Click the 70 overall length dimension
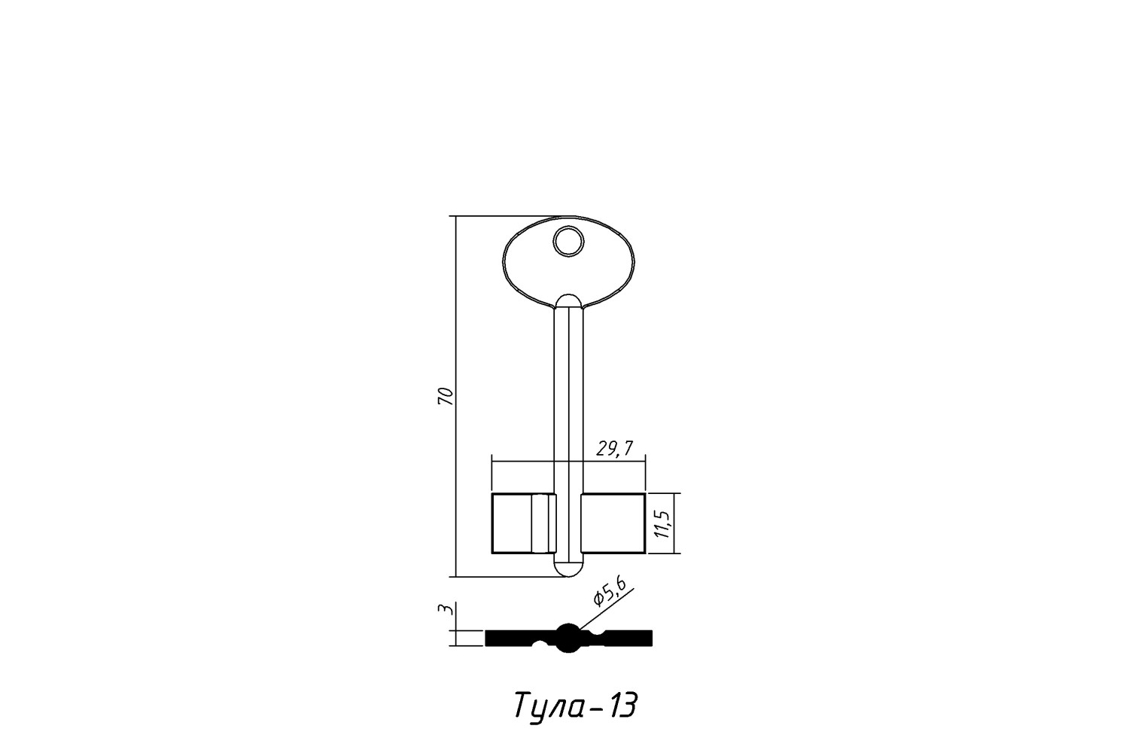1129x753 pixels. (x=446, y=396)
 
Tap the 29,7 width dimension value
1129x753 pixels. (x=614, y=448)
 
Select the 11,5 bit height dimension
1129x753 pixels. (x=665, y=524)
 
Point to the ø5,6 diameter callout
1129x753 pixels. (x=611, y=592)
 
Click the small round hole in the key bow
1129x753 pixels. (x=568, y=241)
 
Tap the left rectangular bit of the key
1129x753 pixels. (x=523, y=523)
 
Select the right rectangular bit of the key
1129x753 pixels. (x=613, y=523)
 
